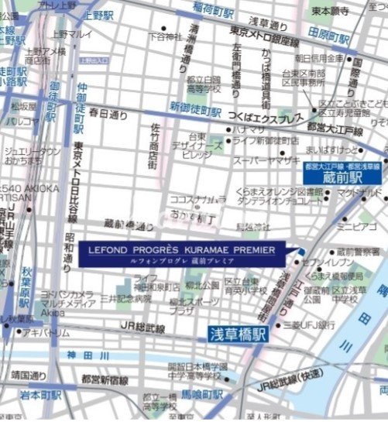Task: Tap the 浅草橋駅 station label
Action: (237, 335)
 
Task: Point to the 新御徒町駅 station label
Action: (196, 109)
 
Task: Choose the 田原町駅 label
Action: (325, 33)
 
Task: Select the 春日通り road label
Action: (108, 114)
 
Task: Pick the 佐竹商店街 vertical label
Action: (156, 145)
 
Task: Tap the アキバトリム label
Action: (46, 332)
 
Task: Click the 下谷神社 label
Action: (168, 36)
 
